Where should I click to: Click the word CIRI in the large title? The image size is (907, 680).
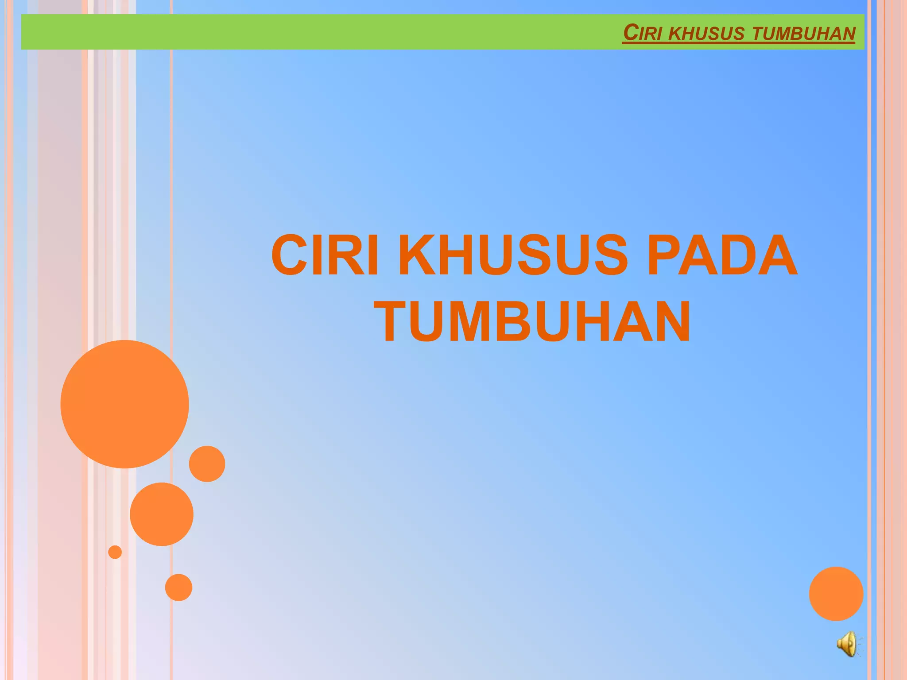(x=325, y=255)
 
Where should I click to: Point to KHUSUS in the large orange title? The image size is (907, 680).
(x=513, y=255)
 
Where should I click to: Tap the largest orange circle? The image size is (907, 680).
(x=124, y=404)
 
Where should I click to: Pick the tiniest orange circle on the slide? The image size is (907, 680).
(x=115, y=552)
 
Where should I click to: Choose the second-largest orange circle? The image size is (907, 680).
(x=162, y=514)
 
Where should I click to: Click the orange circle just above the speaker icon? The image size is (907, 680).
(x=836, y=594)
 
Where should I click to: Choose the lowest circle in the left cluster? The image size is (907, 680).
(x=178, y=587)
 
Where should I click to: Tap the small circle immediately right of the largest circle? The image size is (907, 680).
(x=207, y=464)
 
